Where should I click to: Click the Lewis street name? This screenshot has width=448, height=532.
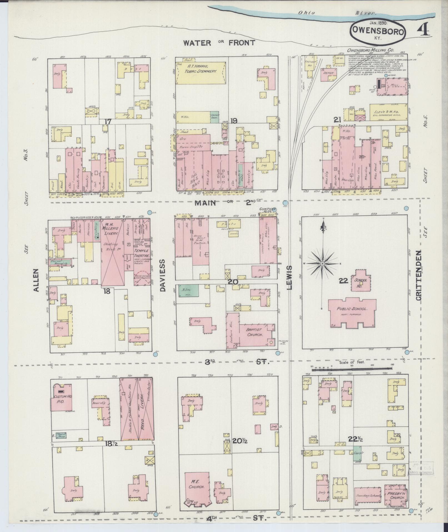point(289,277)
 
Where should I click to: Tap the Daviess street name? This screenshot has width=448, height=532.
point(163,275)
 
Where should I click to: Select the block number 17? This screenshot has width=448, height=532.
point(108,121)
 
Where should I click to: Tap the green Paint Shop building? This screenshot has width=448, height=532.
point(61,443)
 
